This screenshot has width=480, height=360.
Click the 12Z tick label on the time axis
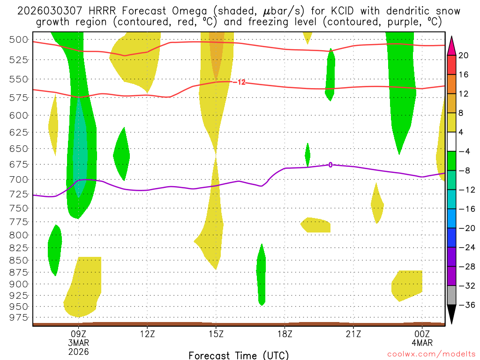click(x=147, y=334)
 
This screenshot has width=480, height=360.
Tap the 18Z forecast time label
click(x=285, y=334)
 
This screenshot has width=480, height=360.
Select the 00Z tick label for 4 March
click(x=422, y=334)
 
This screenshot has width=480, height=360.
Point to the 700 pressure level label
click(x=19, y=179)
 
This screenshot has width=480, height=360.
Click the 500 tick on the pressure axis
click(x=19, y=39)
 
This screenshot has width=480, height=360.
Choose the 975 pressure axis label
click(x=19, y=317)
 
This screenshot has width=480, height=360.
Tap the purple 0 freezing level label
click(x=330, y=165)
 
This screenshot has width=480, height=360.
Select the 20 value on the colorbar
click(x=464, y=55)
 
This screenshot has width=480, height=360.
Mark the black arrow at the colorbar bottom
click(x=452, y=315)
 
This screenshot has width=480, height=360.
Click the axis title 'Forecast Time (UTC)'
click(x=239, y=355)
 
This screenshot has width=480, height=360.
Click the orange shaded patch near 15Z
click(x=217, y=54)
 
